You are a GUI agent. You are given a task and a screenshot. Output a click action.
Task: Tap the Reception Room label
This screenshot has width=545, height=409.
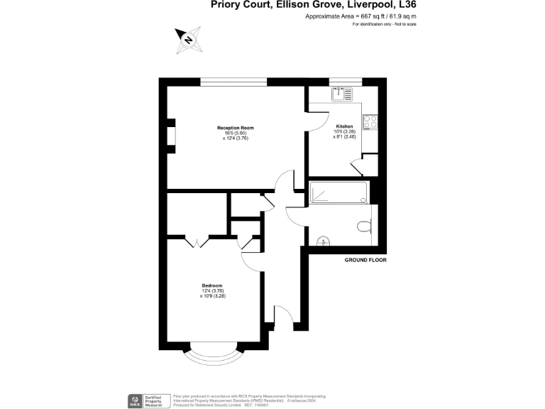pyautogui.click(x=235, y=128)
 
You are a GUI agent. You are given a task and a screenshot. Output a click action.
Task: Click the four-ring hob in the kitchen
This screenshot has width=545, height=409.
pyautogui.click(x=370, y=122)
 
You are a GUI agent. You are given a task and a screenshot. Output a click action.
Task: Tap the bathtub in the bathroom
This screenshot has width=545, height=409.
pyautogui.click(x=338, y=192)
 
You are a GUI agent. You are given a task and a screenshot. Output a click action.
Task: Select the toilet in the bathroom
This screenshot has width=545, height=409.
pyautogui.click(x=363, y=227)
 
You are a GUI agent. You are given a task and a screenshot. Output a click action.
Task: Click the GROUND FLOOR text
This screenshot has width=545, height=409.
pyautogui.click(x=365, y=261)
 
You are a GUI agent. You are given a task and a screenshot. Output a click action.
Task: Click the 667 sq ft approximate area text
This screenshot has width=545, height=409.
pyautogui.click(x=360, y=16)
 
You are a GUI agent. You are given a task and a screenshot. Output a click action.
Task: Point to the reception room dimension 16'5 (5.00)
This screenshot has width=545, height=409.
pyautogui.click(x=235, y=133)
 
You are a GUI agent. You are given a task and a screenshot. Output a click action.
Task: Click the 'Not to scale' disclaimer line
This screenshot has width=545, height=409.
pyautogui.click(x=384, y=24)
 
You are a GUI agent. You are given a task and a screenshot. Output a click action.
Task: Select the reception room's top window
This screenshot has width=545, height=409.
pyautogui.click(x=233, y=82)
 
